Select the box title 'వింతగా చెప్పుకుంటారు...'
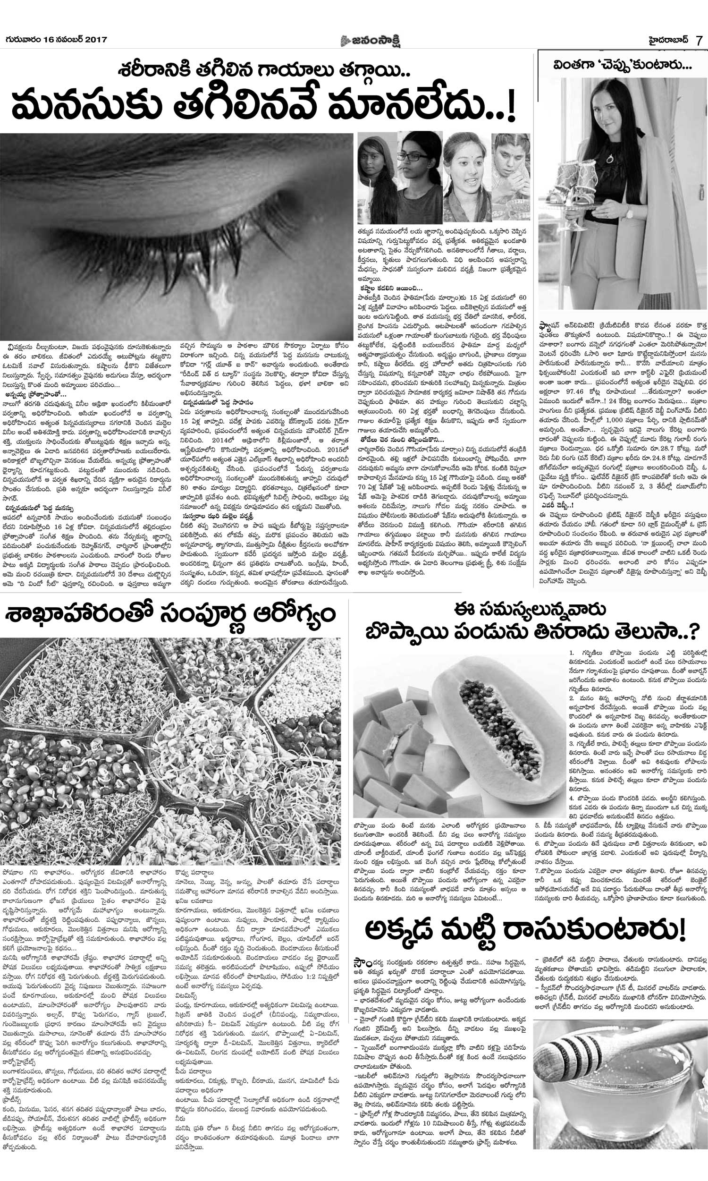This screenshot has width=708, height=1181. tap(622, 66)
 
